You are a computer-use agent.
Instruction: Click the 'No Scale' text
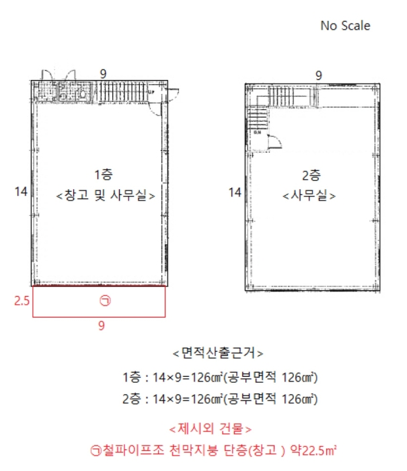click(x=345, y=26)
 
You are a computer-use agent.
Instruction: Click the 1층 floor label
click(x=104, y=176)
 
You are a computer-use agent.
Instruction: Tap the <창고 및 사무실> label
click(x=106, y=196)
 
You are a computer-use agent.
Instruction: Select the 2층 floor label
click(x=311, y=176)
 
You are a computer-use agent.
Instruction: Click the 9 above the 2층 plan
click(x=318, y=75)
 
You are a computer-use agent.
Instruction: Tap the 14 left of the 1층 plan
click(x=20, y=192)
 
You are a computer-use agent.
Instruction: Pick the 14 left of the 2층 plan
click(x=234, y=192)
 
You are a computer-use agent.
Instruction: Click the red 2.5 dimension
click(x=22, y=301)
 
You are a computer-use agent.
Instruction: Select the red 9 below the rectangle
click(x=102, y=326)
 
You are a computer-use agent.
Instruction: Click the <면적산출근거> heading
click(x=217, y=353)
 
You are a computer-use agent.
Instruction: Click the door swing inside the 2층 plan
click(x=274, y=140)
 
